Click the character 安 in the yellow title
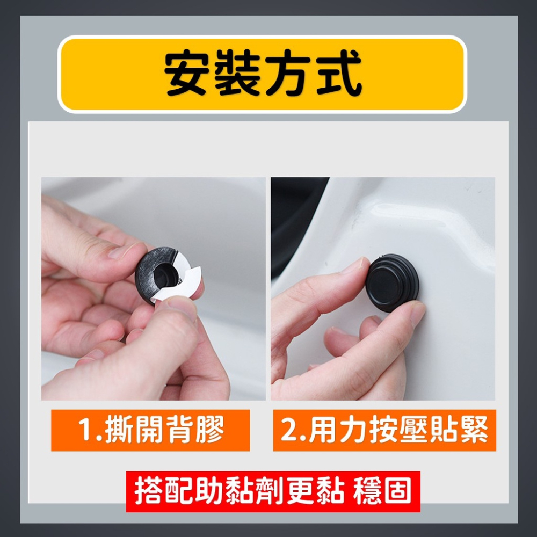(x=187, y=72)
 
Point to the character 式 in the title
(x=339, y=72)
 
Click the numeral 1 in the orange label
(x=85, y=430)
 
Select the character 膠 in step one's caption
(x=211, y=430)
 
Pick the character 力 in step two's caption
(x=353, y=430)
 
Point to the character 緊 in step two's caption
(x=473, y=430)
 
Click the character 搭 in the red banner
(x=148, y=491)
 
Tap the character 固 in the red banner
(x=398, y=491)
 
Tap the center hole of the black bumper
(x=166, y=274)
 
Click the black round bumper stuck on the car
(x=392, y=282)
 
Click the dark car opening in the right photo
(x=294, y=219)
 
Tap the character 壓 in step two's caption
(x=413, y=430)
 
